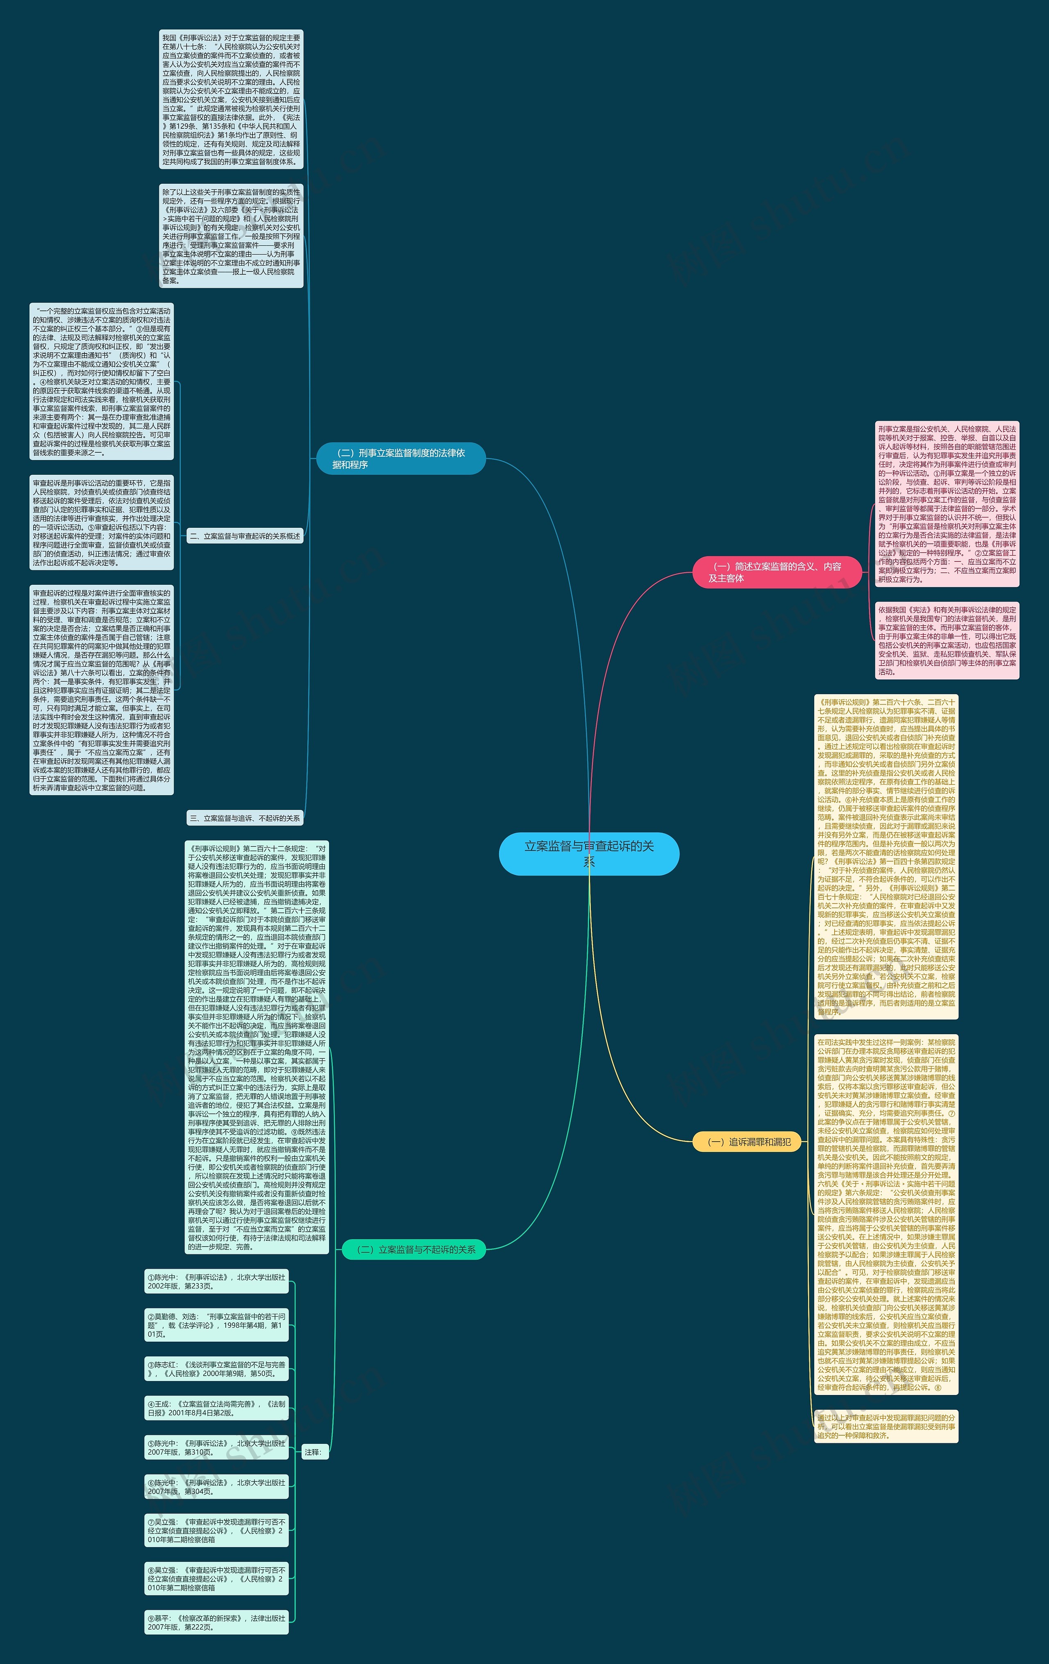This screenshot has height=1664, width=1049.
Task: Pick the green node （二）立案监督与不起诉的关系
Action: pos(413,1249)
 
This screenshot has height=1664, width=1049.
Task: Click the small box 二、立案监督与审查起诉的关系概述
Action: pos(245,536)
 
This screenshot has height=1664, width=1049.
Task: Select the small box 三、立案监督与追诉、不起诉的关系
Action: pos(245,818)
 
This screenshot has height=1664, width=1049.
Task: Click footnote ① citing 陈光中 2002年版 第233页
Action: pos(216,1281)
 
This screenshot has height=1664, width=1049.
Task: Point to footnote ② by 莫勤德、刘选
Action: pos(216,1325)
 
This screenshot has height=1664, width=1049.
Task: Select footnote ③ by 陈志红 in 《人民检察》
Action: pos(216,1369)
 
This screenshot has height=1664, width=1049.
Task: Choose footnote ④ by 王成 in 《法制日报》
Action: pos(216,1408)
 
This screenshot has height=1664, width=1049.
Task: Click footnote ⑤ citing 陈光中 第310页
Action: pos(216,1448)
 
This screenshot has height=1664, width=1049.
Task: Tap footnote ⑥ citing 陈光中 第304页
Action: pos(216,1487)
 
